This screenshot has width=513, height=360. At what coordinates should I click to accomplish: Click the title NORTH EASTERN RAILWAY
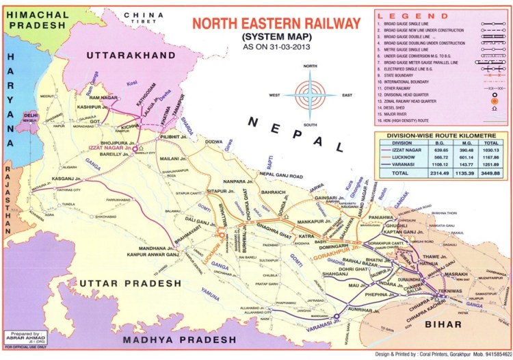[x=276, y=24]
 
